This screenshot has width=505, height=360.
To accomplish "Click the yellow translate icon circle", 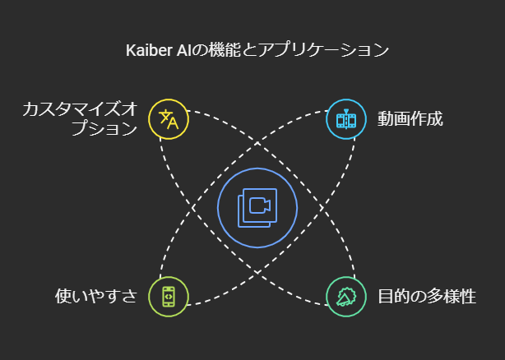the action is click(169, 120).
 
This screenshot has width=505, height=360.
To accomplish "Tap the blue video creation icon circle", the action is click(346, 120).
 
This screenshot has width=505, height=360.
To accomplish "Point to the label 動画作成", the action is click(410, 119).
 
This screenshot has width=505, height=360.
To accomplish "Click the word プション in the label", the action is click(104, 129).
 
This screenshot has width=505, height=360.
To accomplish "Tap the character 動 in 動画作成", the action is click(386, 119).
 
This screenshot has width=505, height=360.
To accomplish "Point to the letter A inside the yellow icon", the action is click(173, 123).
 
